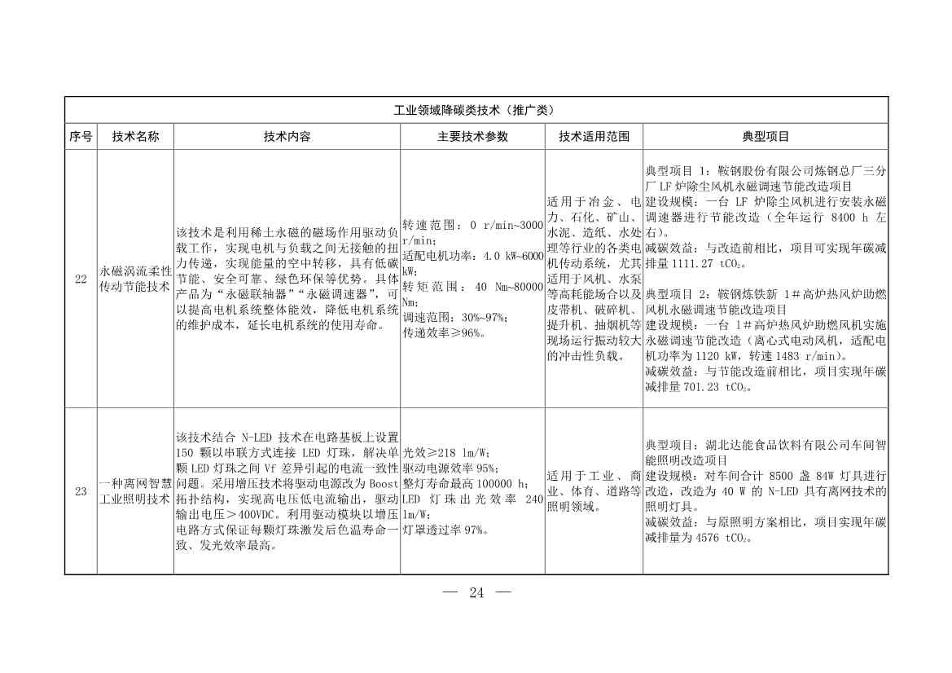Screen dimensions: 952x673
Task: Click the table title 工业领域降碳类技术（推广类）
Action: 476,110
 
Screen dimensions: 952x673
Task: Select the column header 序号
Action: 80,137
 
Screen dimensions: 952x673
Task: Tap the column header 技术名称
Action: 135,137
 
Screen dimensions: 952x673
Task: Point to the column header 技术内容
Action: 286,137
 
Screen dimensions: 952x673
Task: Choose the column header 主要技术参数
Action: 472,137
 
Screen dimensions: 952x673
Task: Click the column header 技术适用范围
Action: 594,137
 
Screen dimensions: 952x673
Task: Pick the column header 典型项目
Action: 765,137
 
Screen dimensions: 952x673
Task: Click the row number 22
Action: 80,279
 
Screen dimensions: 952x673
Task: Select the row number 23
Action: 80,491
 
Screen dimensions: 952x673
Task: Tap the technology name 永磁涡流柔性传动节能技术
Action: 135,279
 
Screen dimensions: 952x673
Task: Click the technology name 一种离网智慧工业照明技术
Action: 135,491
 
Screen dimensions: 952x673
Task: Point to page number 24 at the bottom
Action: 476,593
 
